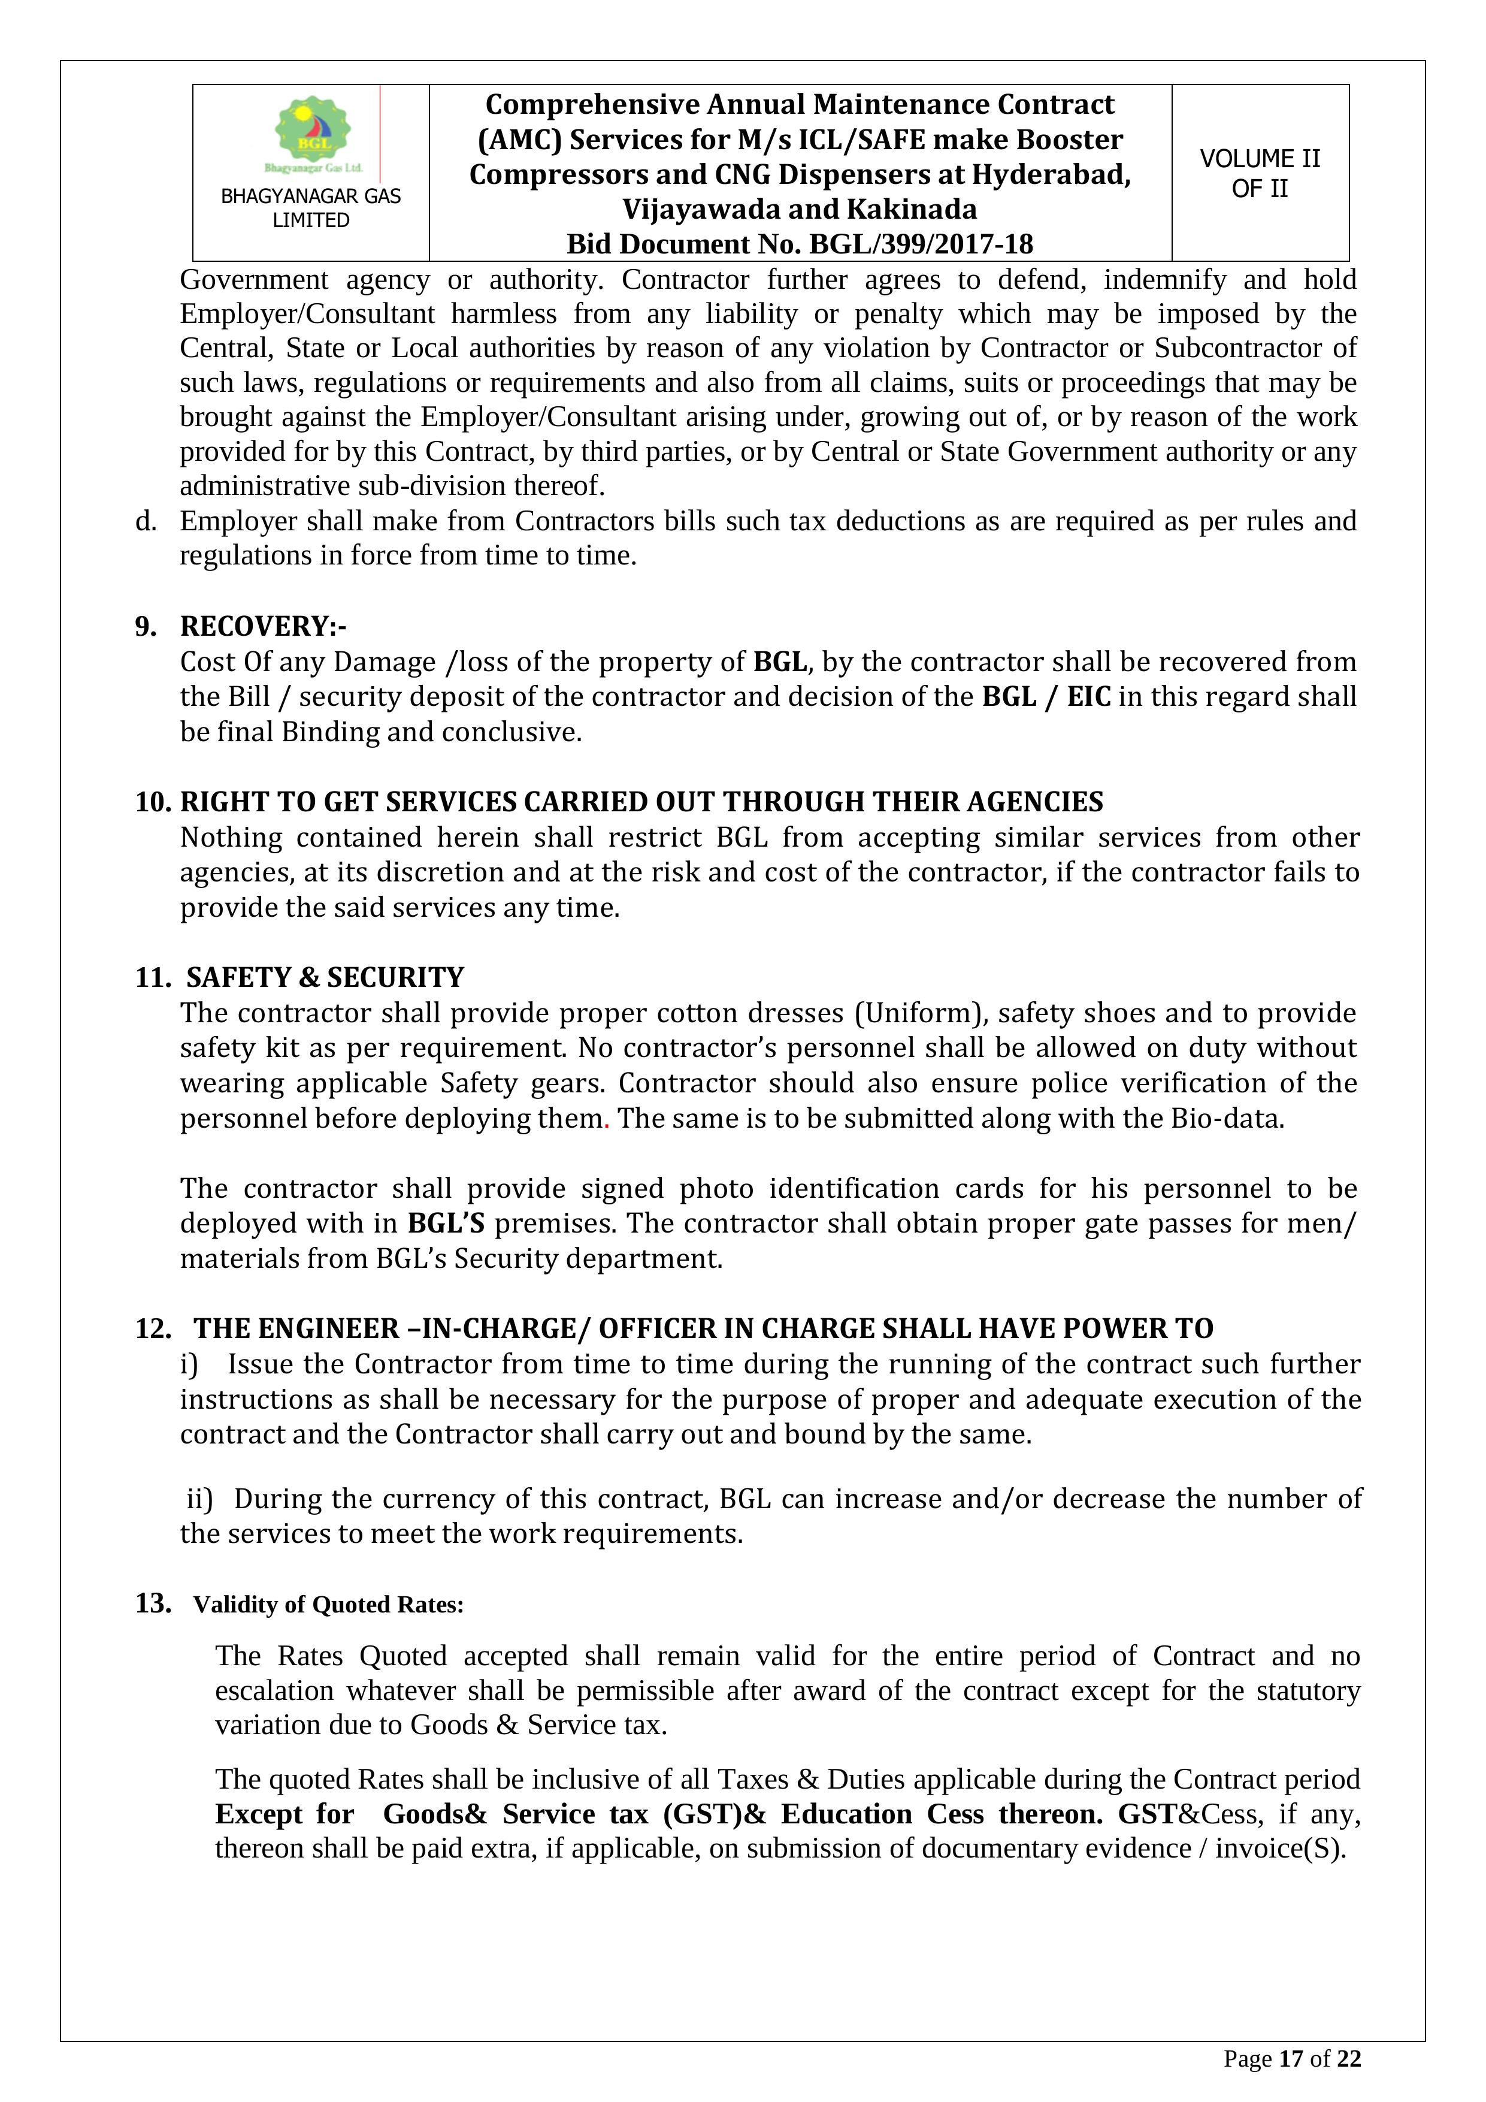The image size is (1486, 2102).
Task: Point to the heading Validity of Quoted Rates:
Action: click(328, 1605)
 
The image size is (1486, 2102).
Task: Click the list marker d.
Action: click(144, 521)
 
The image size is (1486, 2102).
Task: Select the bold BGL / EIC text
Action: click(1046, 697)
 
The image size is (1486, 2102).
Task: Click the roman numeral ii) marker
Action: click(199, 1499)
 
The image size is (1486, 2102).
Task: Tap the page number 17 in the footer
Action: click(1290, 2059)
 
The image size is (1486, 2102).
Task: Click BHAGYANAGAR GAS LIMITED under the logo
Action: click(311, 208)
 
